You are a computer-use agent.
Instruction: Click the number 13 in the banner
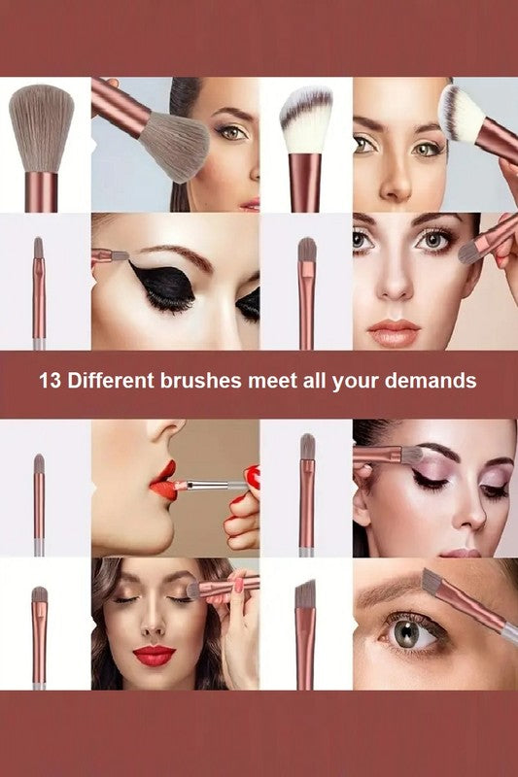point(51,380)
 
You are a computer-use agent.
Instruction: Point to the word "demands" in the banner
point(434,380)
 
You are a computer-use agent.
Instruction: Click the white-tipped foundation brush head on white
point(305,118)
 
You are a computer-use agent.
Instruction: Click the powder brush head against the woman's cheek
point(175,146)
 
